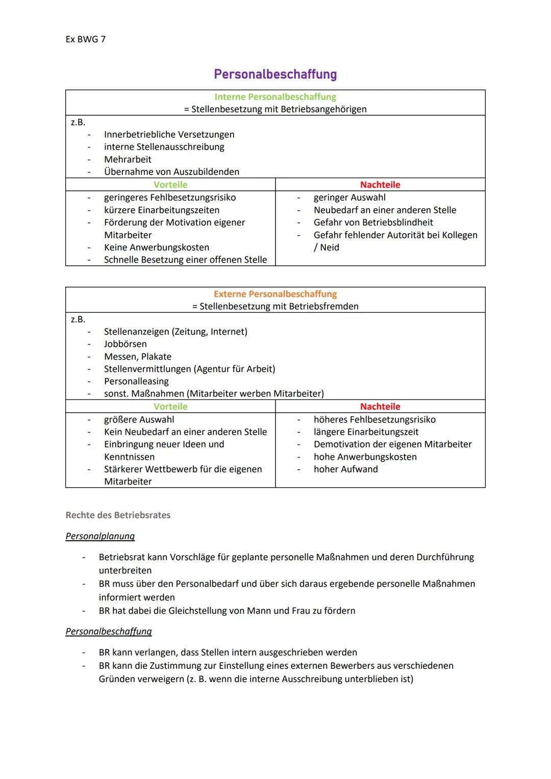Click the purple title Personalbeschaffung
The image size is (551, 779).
click(275, 74)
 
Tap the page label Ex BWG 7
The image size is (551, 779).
click(85, 39)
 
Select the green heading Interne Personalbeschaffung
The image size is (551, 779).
click(275, 97)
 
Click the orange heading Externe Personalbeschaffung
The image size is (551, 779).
click(275, 294)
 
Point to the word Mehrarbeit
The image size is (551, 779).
click(128, 160)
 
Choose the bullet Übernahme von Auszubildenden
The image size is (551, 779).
click(171, 172)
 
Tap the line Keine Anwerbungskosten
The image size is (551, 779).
click(156, 247)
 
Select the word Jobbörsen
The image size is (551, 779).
click(125, 344)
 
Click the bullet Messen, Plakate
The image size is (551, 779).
click(138, 357)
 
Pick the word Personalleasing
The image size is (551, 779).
click(136, 382)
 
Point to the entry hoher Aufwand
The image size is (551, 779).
click(345, 469)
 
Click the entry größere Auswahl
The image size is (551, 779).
click(139, 420)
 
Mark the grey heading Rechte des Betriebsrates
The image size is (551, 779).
click(118, 515)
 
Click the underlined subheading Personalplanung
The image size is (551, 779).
click(100, 536)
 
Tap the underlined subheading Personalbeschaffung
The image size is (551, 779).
click(109, 632)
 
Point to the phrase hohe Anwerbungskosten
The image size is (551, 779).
click(365, 457)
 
